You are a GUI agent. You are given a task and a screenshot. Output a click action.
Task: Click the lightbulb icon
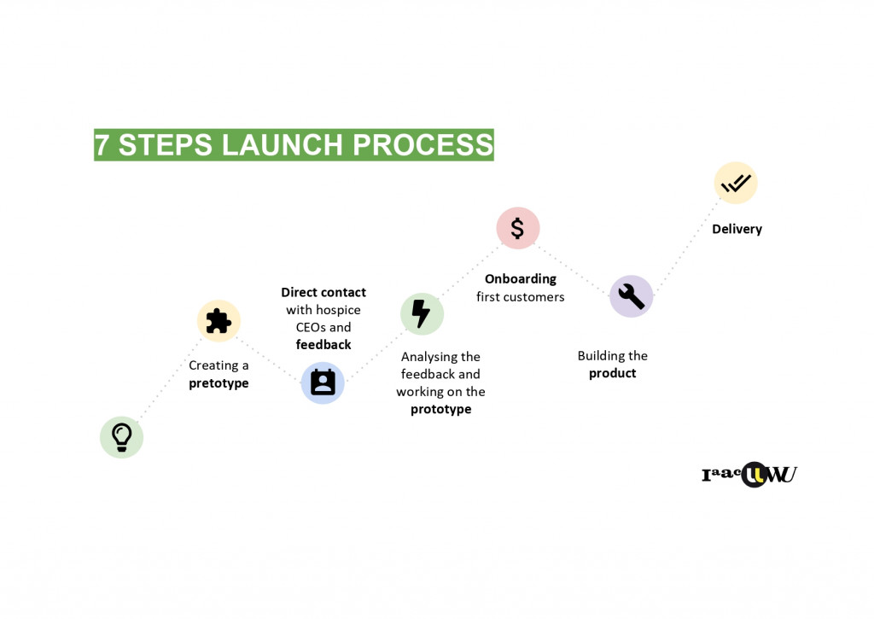coord(121,436)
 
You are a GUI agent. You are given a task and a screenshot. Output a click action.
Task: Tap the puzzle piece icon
coord(218,320)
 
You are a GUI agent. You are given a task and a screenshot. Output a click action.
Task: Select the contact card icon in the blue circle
coord(323,382)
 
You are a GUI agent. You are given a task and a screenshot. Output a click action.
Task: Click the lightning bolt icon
coord(422,313)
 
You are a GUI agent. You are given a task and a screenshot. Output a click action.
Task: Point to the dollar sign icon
coord(518,228)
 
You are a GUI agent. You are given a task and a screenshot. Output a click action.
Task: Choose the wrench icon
coord(631,296)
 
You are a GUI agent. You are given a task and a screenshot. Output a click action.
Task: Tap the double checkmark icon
coord(735,183)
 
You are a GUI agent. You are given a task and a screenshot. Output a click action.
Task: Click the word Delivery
coord(737,229)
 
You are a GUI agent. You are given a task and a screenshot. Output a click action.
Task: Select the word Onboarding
coord(521,279)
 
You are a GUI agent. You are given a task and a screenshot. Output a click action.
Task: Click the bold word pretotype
coord(218,383)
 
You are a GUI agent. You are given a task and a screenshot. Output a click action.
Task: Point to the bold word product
coord(612,373)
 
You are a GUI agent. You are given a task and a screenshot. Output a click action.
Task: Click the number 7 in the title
coord(102,145)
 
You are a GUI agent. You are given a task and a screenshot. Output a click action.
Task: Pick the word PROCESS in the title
coord(423,145)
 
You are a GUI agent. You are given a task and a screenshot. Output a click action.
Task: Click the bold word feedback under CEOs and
coord(323,345)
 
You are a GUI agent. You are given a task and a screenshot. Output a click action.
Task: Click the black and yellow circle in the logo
coord(754,475)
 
